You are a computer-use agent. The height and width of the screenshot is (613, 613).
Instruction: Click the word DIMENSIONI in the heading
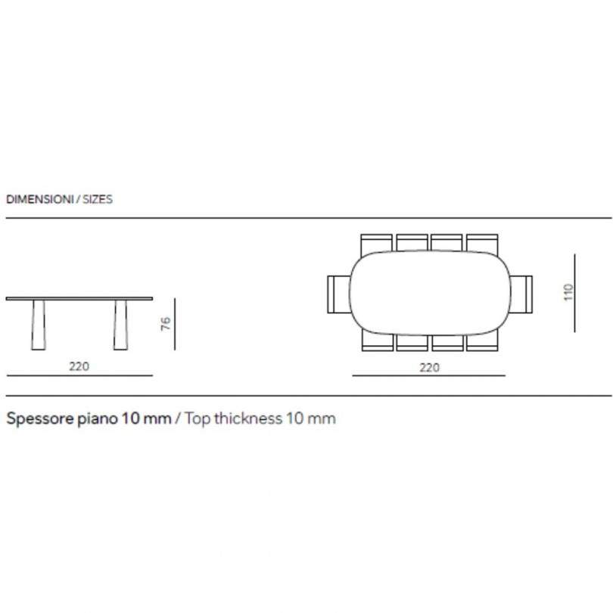39,199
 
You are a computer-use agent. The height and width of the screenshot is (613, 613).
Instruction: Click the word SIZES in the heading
98,199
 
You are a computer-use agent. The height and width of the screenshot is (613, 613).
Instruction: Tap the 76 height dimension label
166,324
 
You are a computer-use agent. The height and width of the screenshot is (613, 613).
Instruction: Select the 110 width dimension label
568,292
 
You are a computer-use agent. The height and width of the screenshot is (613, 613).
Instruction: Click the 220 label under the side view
79,366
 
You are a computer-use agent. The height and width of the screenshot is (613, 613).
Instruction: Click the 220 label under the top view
429,368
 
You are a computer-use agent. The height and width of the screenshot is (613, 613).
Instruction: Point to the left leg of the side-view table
39,325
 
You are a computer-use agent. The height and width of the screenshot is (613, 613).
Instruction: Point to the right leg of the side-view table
120,325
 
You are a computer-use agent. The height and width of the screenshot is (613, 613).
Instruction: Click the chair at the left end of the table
338,294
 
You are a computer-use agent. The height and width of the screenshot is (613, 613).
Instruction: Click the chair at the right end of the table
521,294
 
